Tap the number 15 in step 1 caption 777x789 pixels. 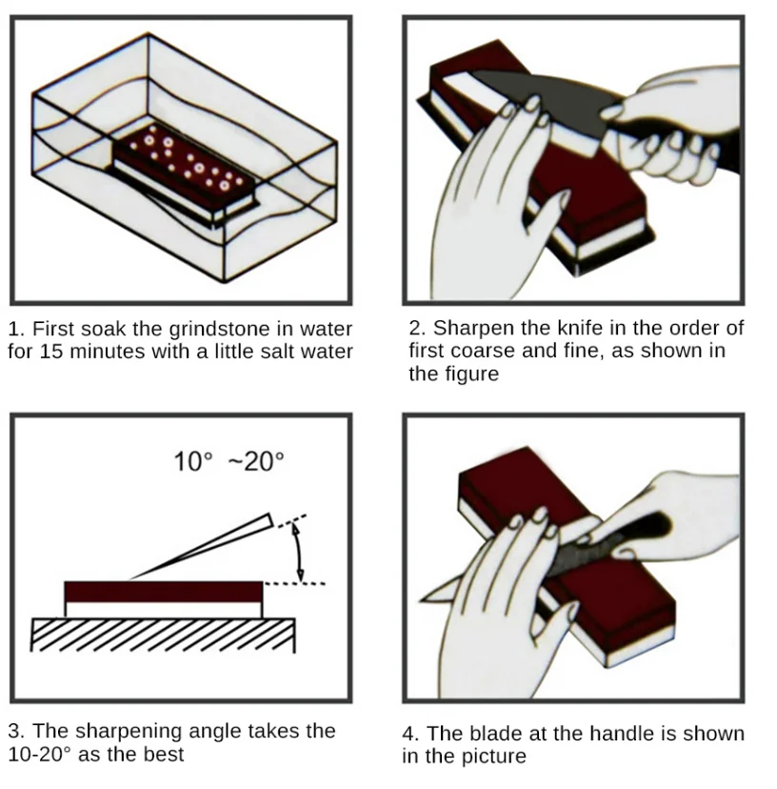click(x=50, y=352)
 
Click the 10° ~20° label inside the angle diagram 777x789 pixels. click(x=229, y=461)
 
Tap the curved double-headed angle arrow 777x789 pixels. click(x=299, y=553)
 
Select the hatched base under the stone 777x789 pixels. click(x=163, y=634)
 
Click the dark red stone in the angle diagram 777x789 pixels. click(x=164, y=592)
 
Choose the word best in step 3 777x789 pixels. click(x=165, y=755)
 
